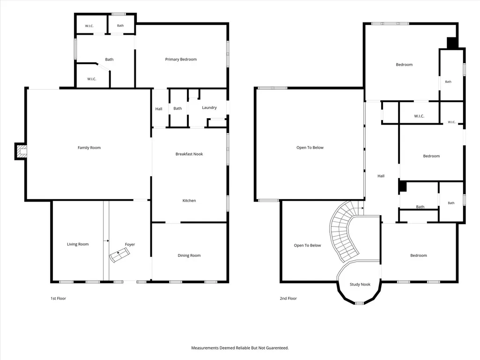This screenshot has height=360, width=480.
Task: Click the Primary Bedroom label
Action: [181, 60]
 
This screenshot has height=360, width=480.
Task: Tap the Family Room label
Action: [89, 148]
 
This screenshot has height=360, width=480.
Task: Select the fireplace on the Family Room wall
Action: [21, 151]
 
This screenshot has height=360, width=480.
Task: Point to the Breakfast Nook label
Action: [189, 154]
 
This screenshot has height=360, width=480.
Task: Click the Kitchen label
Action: [189, 201]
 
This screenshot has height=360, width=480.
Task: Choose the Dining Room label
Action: [189, 255]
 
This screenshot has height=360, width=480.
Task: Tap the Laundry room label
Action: [209, 108]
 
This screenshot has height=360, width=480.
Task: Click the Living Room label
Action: [78, 244]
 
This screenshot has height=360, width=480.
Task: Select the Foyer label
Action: [130, 245]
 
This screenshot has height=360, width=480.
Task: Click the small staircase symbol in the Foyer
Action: [120, 255]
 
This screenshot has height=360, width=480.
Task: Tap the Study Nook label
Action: [360, 285]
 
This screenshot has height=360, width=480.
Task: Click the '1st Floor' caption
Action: [58, 299]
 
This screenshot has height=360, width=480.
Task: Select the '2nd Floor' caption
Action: [288, 299]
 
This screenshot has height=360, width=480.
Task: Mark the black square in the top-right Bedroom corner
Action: [452, 43]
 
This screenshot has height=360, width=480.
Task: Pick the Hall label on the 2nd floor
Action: [381, 176]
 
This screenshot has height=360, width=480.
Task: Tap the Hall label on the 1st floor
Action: [159, 109]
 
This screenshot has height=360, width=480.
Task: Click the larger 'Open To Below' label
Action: [310, 148]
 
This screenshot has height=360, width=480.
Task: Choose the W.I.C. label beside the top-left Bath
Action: [89, 26]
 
